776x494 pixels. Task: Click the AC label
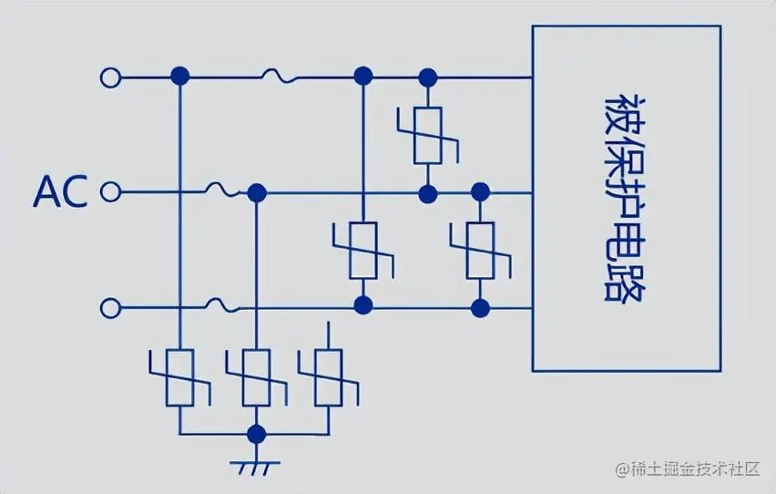[x=60, y=192]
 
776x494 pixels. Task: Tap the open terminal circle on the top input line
[x=110, y=77]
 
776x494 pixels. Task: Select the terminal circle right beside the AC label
[x=110, y=192]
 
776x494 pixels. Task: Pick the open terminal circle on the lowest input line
[x=110, y=308]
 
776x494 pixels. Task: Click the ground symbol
[x=256, y=467]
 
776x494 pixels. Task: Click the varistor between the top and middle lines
[x=426, y=135]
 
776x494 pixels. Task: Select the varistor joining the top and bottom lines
[x=363, y=250]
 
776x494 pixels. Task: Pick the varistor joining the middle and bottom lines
[x=480, y=250]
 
